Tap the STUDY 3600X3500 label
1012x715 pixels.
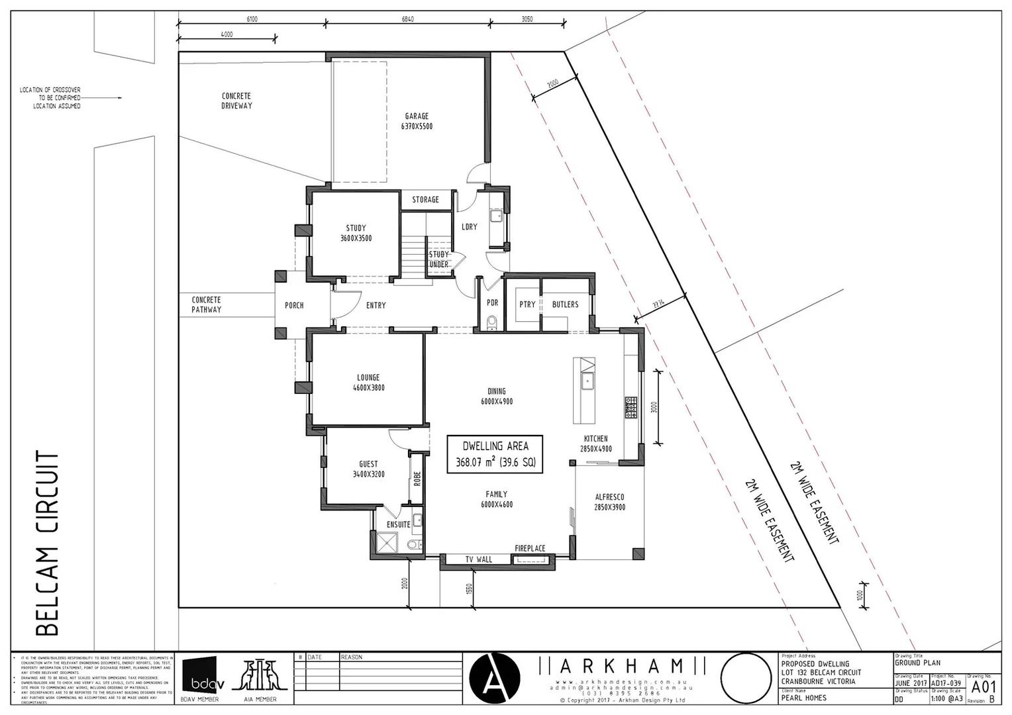[x=356, y=233]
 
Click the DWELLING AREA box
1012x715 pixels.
[x=495, y=454]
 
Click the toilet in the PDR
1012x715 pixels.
[x=491, y=322]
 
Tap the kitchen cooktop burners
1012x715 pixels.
[x=630, y=406]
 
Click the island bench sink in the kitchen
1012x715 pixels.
[x=587, y=381]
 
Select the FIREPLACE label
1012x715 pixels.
[x=530, y=548]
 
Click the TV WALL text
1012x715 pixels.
[x=478, y=559]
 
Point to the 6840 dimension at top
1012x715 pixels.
[x=408, y=19]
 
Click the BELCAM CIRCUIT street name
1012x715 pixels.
[x=46, y=543]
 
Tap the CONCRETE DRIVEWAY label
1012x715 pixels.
[x=236, y=101]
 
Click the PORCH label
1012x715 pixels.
[x=294, y=305]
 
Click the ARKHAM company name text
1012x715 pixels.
[x=622, y=665]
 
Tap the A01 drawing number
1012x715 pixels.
[x=984, y=686]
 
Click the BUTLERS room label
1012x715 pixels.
[x=565, y=305]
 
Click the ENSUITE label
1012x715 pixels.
[x=398, y=524]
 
